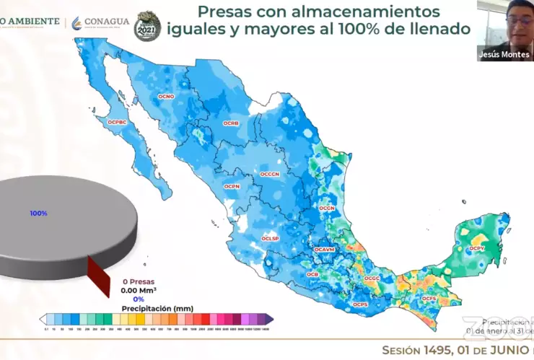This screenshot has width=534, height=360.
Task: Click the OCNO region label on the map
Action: (x=166, y=96)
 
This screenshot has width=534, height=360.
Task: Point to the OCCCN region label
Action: (x=270, y=174)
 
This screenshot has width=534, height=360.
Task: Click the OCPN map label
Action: (x=232, y=186)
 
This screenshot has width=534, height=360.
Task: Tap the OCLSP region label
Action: (x=270, y=238)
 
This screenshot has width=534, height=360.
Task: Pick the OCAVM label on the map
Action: (x=325, y=250)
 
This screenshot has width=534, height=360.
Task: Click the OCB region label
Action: (x=312, y=275)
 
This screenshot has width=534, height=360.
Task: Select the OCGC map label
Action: (x=372, y=278)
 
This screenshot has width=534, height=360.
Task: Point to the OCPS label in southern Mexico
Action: (x=360, y=304)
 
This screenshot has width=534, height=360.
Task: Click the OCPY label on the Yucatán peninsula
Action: (x=477, y=249)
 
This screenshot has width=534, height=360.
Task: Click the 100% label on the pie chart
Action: (x=38, y=214)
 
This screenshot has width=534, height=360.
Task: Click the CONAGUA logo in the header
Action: (x=100, y=22)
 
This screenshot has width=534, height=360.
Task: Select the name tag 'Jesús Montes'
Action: (x=504, y=55)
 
